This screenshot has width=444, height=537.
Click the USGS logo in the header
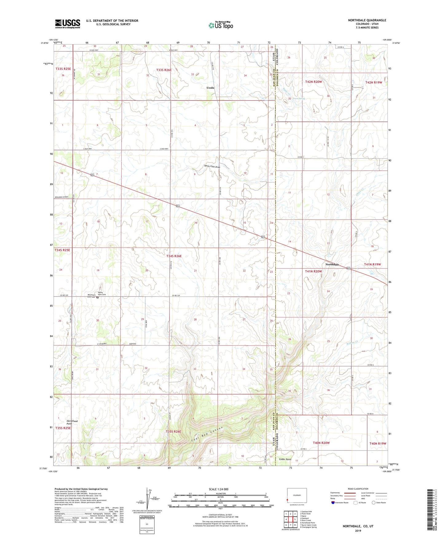click(x=68, y=23)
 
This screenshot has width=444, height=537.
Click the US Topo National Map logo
click(x=221, y=25)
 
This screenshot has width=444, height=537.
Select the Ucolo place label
click(x=210, y=88)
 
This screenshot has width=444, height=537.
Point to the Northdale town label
click(x=332, y=265)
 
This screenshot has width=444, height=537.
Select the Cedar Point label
click(x=285, y=459)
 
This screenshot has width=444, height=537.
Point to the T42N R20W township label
click(x=313, y=82)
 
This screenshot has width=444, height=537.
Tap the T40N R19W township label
click(x=378, y=444)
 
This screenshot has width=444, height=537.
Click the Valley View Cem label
click(x=102, y=293)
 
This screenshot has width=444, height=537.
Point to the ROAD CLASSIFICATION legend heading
click(x=358, y=489)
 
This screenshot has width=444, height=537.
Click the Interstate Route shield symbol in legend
click(x=333, y=503)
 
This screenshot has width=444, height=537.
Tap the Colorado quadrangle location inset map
click(x=297, y=495)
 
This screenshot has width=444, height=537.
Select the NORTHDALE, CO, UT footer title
click(x=358, y=526)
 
